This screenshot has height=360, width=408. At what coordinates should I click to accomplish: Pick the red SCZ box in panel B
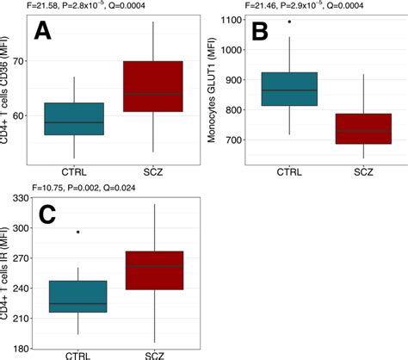tap(355, 128)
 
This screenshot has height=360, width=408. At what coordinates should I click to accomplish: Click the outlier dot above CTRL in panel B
tap(289, 22)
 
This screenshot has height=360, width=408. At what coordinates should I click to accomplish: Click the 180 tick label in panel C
tap(21, 348)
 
